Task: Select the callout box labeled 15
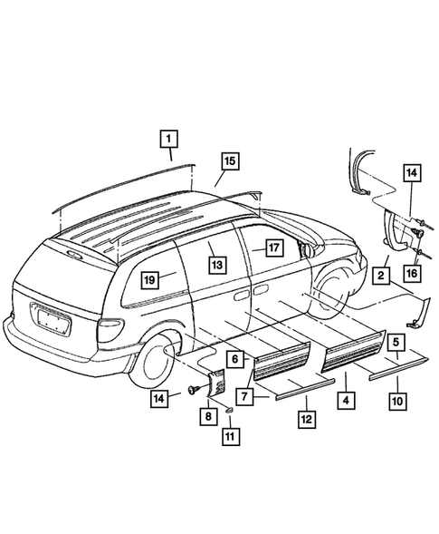click(229, 161)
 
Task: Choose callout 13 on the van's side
click(216, 264)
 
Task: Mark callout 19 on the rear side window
click(149, 279)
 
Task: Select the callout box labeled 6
click(234, 359)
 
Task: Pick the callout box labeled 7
click(242, 395)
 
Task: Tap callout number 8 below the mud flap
click(206, 416)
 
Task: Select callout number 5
click(396, 343)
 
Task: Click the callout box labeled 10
click(396, 400)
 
